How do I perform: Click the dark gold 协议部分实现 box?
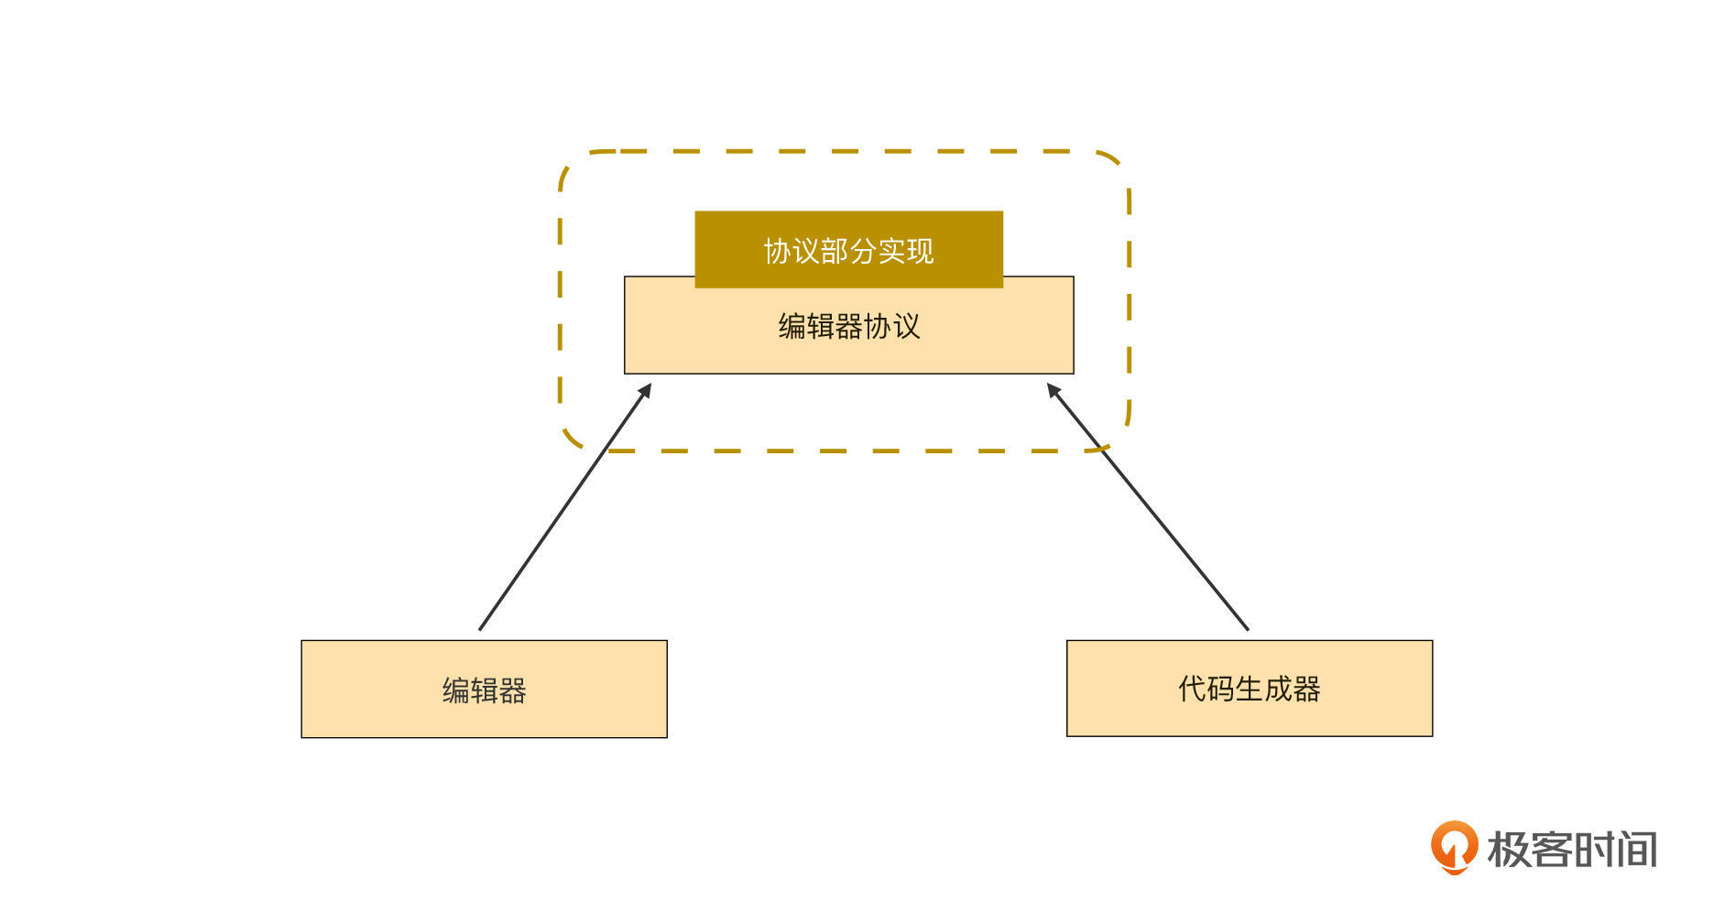point(848,249)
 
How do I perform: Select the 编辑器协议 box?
point(848,325)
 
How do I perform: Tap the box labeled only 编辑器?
point(484,689)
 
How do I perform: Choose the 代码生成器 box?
point(1250,688)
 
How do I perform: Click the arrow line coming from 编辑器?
point(565,506)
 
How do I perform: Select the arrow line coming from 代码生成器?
point(1148,506)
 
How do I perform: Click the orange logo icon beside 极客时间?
point(1454,847)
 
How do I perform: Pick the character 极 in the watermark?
point(1507,850)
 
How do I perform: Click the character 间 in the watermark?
point(1637,850)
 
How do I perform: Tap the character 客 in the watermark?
point(1550,850)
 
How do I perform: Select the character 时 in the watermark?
point(1594,850)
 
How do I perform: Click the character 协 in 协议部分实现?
point(778,251)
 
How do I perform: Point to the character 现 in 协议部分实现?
point(920,251)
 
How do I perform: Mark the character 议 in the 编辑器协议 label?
point(906,326)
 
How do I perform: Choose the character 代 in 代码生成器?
point(1192,689)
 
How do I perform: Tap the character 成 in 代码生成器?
point(1278,689)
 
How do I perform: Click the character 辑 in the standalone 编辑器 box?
point(484,690)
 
